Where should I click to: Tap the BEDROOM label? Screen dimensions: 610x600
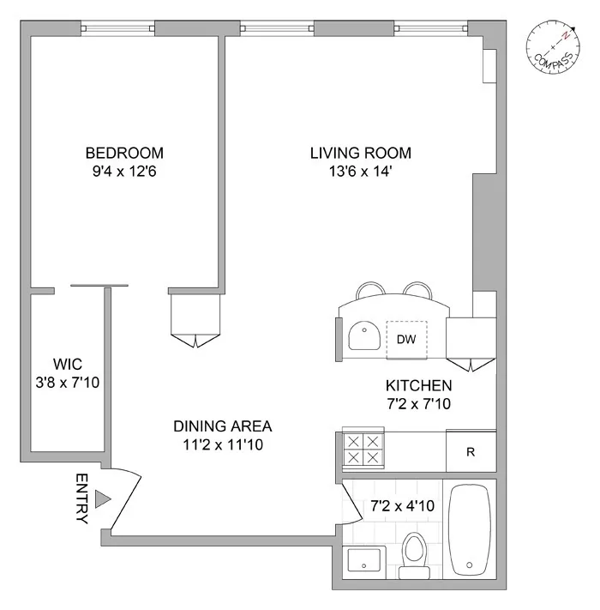[124, 154]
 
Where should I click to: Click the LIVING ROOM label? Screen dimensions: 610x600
[360, 154]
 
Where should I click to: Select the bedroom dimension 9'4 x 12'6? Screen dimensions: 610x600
[124, 172]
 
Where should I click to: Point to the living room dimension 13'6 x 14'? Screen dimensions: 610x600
[360, 172]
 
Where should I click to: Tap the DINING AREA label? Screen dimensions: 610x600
[222, 426]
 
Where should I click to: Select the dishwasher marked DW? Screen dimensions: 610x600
[405, 339]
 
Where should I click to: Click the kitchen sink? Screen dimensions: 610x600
[364, 336]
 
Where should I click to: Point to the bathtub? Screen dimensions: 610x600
[471, 532]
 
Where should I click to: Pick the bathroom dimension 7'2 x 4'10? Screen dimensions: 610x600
[401, 506]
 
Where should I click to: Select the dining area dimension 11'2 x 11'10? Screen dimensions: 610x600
[222, 444]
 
